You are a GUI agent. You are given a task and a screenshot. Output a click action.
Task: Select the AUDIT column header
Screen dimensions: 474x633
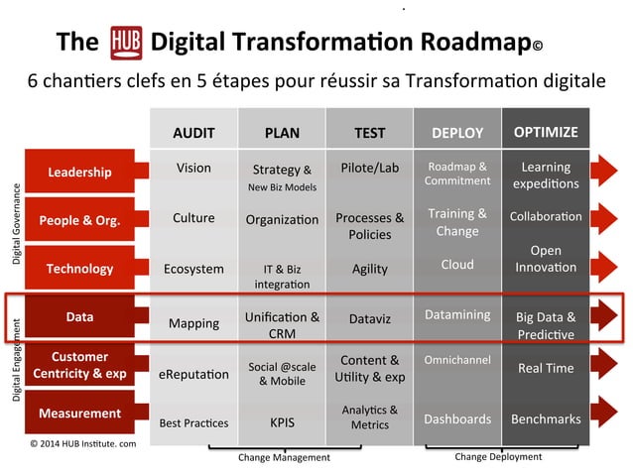coord(193,132)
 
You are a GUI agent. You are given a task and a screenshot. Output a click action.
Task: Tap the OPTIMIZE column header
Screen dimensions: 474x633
coord(546,132)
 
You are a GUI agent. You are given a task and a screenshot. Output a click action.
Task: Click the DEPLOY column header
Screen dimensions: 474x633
coord(457,132)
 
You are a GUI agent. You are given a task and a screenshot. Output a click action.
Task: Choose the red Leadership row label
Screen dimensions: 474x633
coord(80,173)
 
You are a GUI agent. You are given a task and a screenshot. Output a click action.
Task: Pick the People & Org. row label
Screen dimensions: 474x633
coord(80,220)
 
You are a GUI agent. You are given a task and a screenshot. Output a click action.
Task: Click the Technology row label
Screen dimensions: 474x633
coord(80,268)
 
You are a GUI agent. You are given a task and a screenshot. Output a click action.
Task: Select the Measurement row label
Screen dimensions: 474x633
coord(80,413)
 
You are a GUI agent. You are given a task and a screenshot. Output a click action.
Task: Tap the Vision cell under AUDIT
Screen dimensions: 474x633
coord(193,168)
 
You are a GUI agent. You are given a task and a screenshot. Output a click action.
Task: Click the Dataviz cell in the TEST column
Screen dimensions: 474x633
coord(370,319)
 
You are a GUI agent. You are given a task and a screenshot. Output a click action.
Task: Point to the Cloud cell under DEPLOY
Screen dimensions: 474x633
coord(457,265)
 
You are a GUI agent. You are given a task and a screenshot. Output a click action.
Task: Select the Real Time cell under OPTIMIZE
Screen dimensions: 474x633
coord(546,368)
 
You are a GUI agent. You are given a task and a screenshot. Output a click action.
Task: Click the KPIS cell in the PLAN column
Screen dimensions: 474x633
coord(283,421)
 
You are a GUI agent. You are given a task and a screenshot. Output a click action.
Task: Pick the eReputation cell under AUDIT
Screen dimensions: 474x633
coord(193,374)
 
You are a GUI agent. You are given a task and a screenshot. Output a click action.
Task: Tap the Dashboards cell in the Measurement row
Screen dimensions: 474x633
coord(457,418)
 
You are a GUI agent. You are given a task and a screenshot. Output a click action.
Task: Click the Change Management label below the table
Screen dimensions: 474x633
coord(284,457)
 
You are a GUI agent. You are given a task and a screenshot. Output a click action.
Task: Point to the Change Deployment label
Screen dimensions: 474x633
coord(498,456)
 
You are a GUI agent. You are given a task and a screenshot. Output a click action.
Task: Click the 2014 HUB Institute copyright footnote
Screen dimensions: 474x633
coord(82,443)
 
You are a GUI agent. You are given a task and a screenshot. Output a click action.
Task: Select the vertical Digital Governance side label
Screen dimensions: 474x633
coord(17,224)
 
